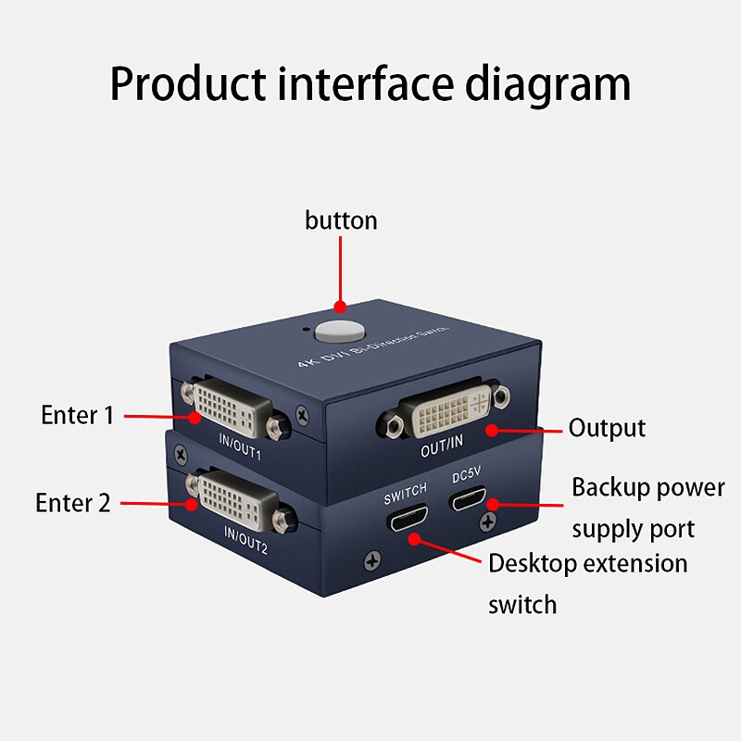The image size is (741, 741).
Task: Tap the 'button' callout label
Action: tap(341, 220)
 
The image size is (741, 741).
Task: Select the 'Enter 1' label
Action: tap(77, 415)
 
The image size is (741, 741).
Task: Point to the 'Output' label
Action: tap(607, 428)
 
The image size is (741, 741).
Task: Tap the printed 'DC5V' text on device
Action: tap(467, 478)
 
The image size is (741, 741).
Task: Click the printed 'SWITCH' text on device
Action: tap(406, 489)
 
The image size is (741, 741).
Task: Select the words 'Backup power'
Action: tap(647, 487)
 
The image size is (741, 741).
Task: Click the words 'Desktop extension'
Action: tap(587, 563)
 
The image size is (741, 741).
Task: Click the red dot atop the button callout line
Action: tap(340, 307)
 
